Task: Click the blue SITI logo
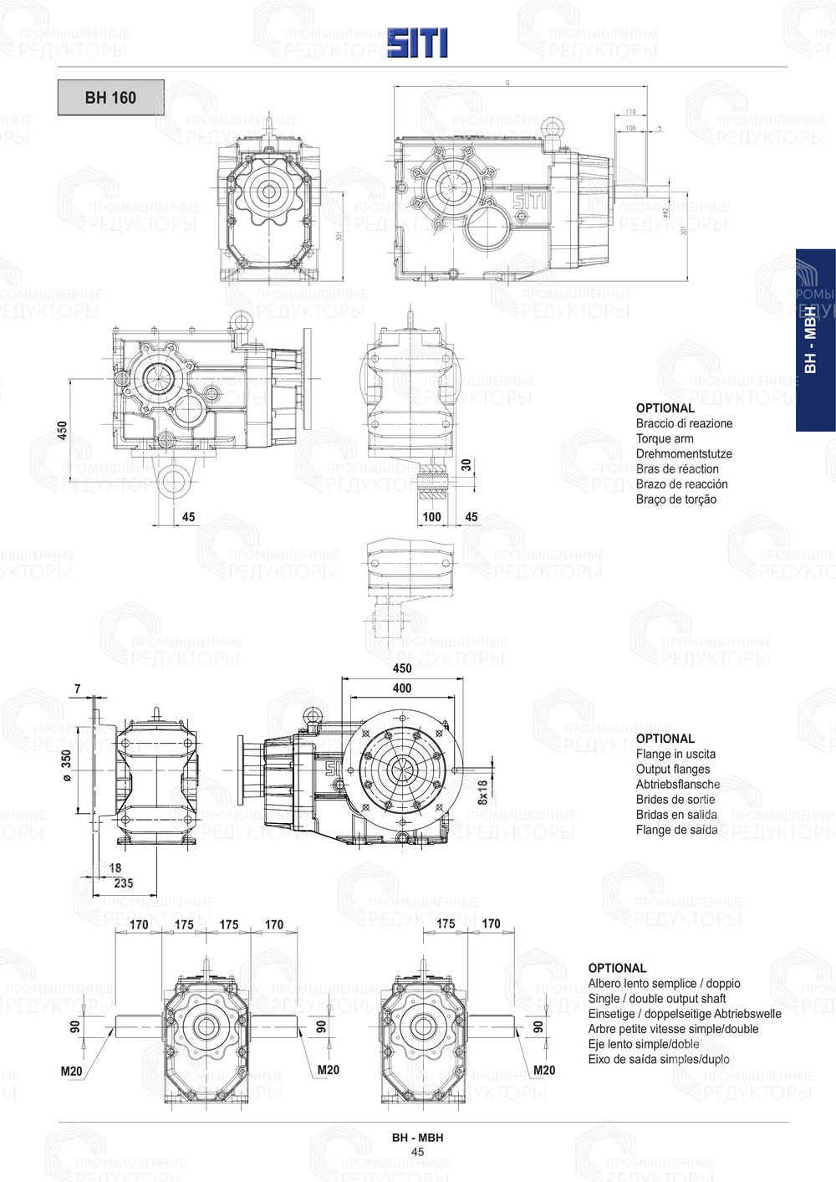coord(417,43)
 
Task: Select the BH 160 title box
coord(110,98)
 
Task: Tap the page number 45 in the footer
coord(418,1152)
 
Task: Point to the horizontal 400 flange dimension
coord(402,688)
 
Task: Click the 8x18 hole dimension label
coord(482,792)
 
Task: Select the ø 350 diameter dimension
coord(66,765)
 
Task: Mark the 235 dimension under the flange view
coord(123,883)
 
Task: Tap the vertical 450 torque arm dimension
coord(63,430)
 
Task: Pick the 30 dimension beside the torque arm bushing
coord(466,464)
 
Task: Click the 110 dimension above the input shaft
coord(630,111)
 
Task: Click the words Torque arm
coord(665,438)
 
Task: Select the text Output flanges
coord(673,769)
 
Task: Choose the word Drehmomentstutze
coord(684,453)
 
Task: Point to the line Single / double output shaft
coord(657,998)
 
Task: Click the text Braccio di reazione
coord(684,423)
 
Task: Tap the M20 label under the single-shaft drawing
coord(544,1070)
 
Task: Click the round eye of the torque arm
coord(174,483)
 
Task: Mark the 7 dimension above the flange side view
coord(78,688)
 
